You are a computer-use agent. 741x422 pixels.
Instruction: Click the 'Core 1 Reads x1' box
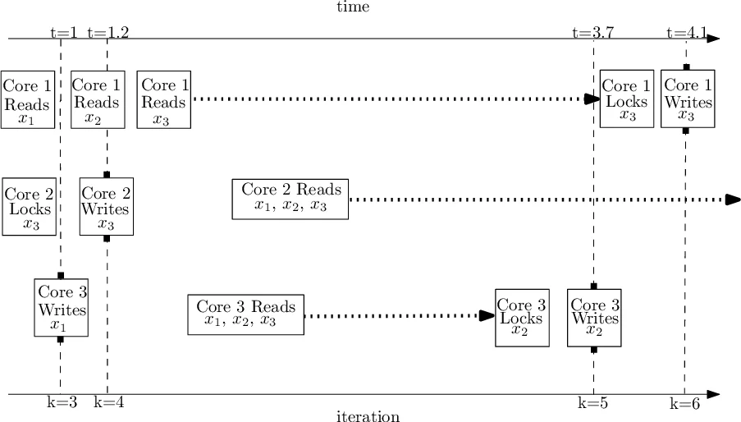click(x=27, y=99)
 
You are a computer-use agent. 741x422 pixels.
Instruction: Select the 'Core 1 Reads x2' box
click(x=98, y=99)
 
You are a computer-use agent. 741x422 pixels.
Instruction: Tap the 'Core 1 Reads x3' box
click(x=164, y=99)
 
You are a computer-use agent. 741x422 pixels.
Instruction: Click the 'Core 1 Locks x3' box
click(x=627, y=99)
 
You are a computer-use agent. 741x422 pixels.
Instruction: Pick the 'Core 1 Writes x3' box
click(x=688, y=99)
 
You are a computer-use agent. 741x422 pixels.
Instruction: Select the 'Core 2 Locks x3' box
click(x=30, y=207)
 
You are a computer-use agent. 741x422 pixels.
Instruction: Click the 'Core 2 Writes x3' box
click(x=106, y=207)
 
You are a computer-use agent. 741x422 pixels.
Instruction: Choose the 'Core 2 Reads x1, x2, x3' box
click(x=290, y=199)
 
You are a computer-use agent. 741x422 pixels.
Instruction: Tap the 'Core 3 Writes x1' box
click(x=61, y=308)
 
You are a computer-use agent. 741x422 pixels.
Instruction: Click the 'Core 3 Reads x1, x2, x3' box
click(x=245, y=314)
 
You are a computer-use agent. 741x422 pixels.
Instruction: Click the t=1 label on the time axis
click(x=63, y=33)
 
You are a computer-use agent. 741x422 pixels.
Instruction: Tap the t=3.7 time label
click(x=593, y=33)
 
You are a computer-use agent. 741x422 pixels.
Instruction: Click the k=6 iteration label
click(x=686, y=403)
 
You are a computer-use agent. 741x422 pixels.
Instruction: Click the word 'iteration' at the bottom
click(x=368, y=416)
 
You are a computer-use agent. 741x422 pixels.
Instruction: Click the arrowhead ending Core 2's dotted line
click(x=734, y=200)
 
